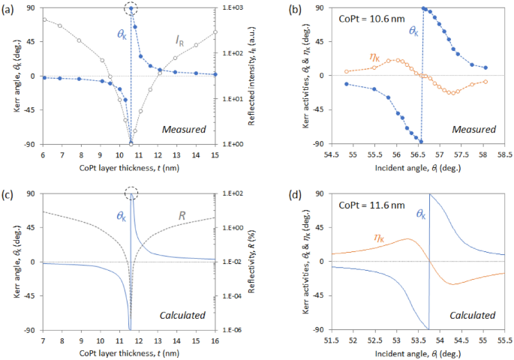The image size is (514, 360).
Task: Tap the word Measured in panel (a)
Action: [185, 129]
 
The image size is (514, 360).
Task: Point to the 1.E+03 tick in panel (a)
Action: [232, 7]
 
